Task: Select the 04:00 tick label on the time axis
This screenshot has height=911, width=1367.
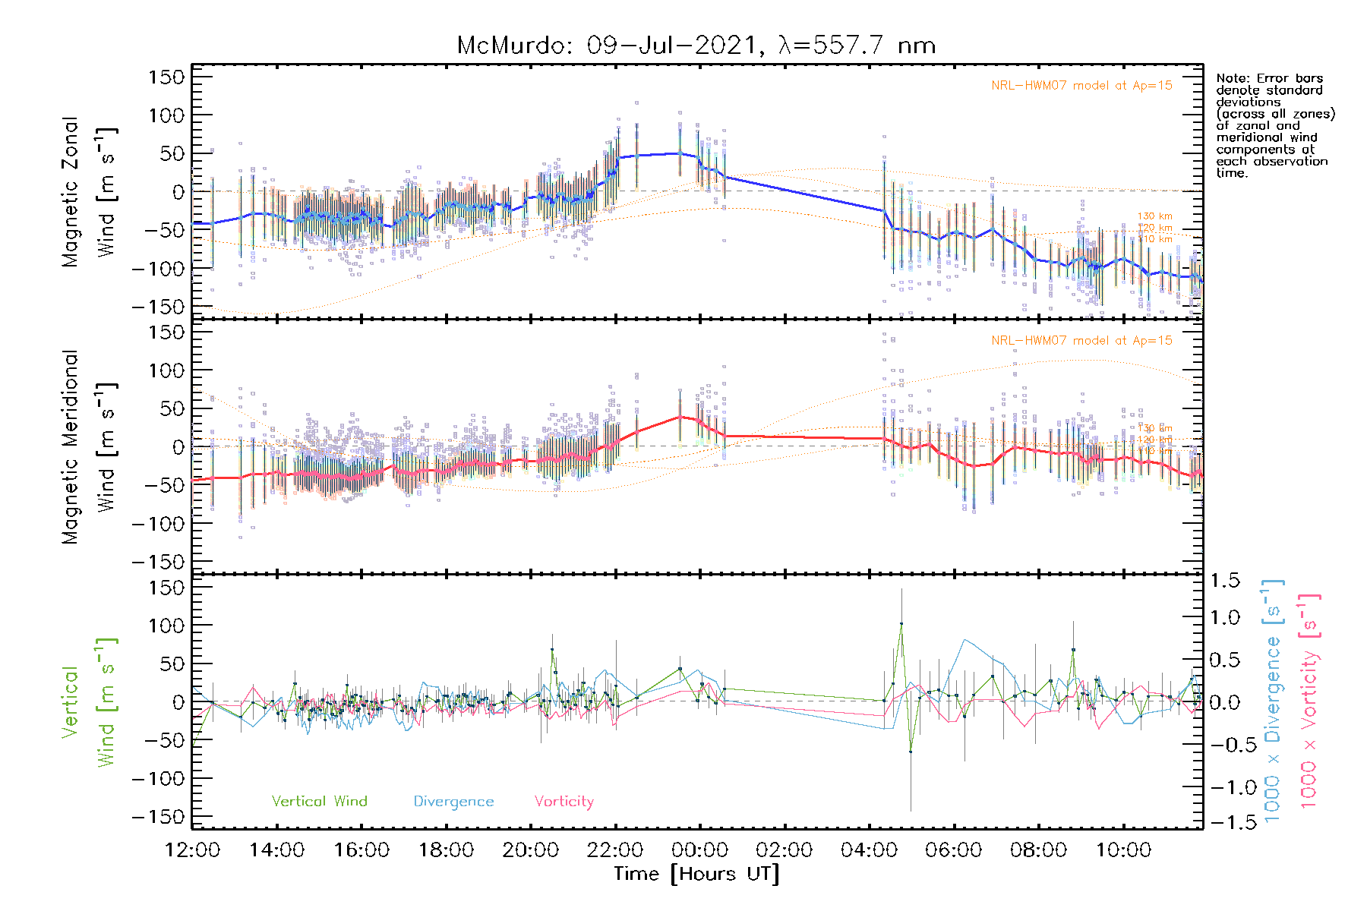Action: (x=868, y=850)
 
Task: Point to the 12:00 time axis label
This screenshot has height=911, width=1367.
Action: (x=192, y=850)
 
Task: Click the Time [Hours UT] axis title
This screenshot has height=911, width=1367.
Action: (x=696, y=875)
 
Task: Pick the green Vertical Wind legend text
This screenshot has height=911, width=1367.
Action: (x=319, y=802)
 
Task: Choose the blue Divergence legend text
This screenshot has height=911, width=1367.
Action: (x=453, y=802)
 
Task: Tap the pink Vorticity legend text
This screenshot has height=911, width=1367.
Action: (x=564, y=802)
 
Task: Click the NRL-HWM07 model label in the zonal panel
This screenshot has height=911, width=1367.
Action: (x=1081, y=86)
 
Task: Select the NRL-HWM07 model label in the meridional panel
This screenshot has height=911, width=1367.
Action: (x=1081, y=341)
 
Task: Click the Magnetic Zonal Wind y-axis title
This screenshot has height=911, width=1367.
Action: (x=90, y=191)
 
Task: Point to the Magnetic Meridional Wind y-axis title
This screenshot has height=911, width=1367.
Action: (x=90, y=446)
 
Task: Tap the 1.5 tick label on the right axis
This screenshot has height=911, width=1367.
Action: (x=1224, y=581)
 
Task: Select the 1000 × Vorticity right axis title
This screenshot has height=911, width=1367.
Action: (x=1309, y=700)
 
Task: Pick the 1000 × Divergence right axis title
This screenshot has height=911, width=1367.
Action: (x=1273, y=700)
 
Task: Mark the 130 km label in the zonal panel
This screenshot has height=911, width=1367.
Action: (x=1154, y=216)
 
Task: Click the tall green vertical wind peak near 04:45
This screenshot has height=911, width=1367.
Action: (x=901, y=624)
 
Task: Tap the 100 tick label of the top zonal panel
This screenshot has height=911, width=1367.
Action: (x=167, y=115)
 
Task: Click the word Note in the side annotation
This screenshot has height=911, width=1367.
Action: (x=1230, y=78)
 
